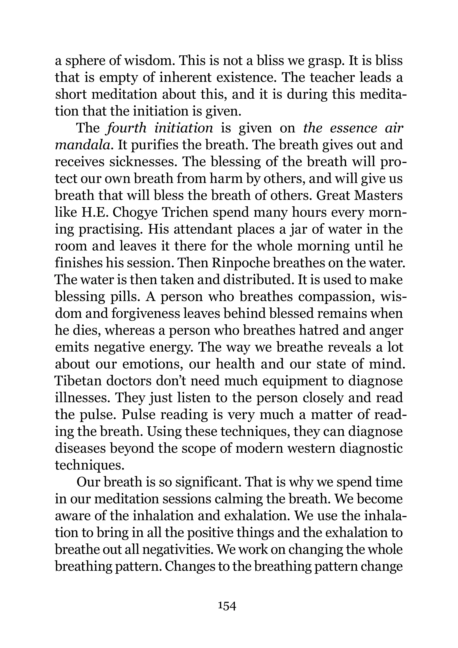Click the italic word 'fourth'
click(x=126, y=128)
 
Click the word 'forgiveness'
click(x=149, y=313)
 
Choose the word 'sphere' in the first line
click(x=85, y=61)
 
